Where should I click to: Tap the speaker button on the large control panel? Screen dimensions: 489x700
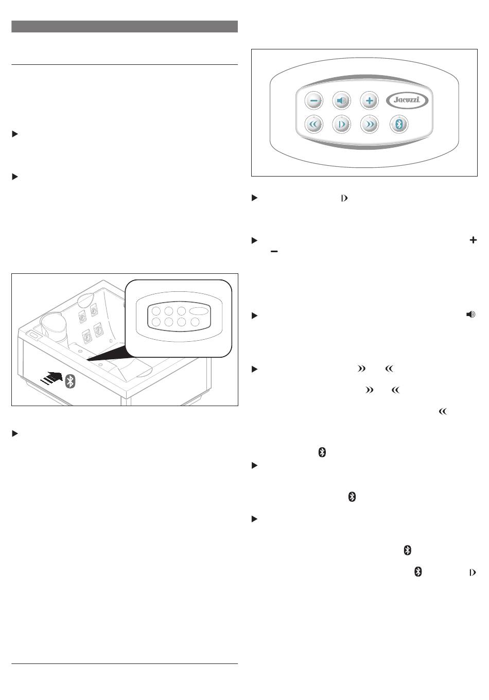341,101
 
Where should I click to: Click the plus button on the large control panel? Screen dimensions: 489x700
369,101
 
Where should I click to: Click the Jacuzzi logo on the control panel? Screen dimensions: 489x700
407,100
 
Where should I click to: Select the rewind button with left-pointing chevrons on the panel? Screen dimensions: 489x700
313,125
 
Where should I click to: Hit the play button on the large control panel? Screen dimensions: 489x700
341,125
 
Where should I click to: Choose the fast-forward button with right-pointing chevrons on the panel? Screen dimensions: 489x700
369,125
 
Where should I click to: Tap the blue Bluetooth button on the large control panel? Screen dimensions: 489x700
399,125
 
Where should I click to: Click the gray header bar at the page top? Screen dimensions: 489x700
125,27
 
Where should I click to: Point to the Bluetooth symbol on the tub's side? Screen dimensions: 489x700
71,381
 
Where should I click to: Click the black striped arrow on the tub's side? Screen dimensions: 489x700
52,377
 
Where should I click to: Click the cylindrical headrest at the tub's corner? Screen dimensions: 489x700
55,326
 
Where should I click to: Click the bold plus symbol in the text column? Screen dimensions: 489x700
473,240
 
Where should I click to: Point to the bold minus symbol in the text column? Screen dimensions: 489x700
274,251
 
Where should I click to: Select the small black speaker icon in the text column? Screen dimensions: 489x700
470,314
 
